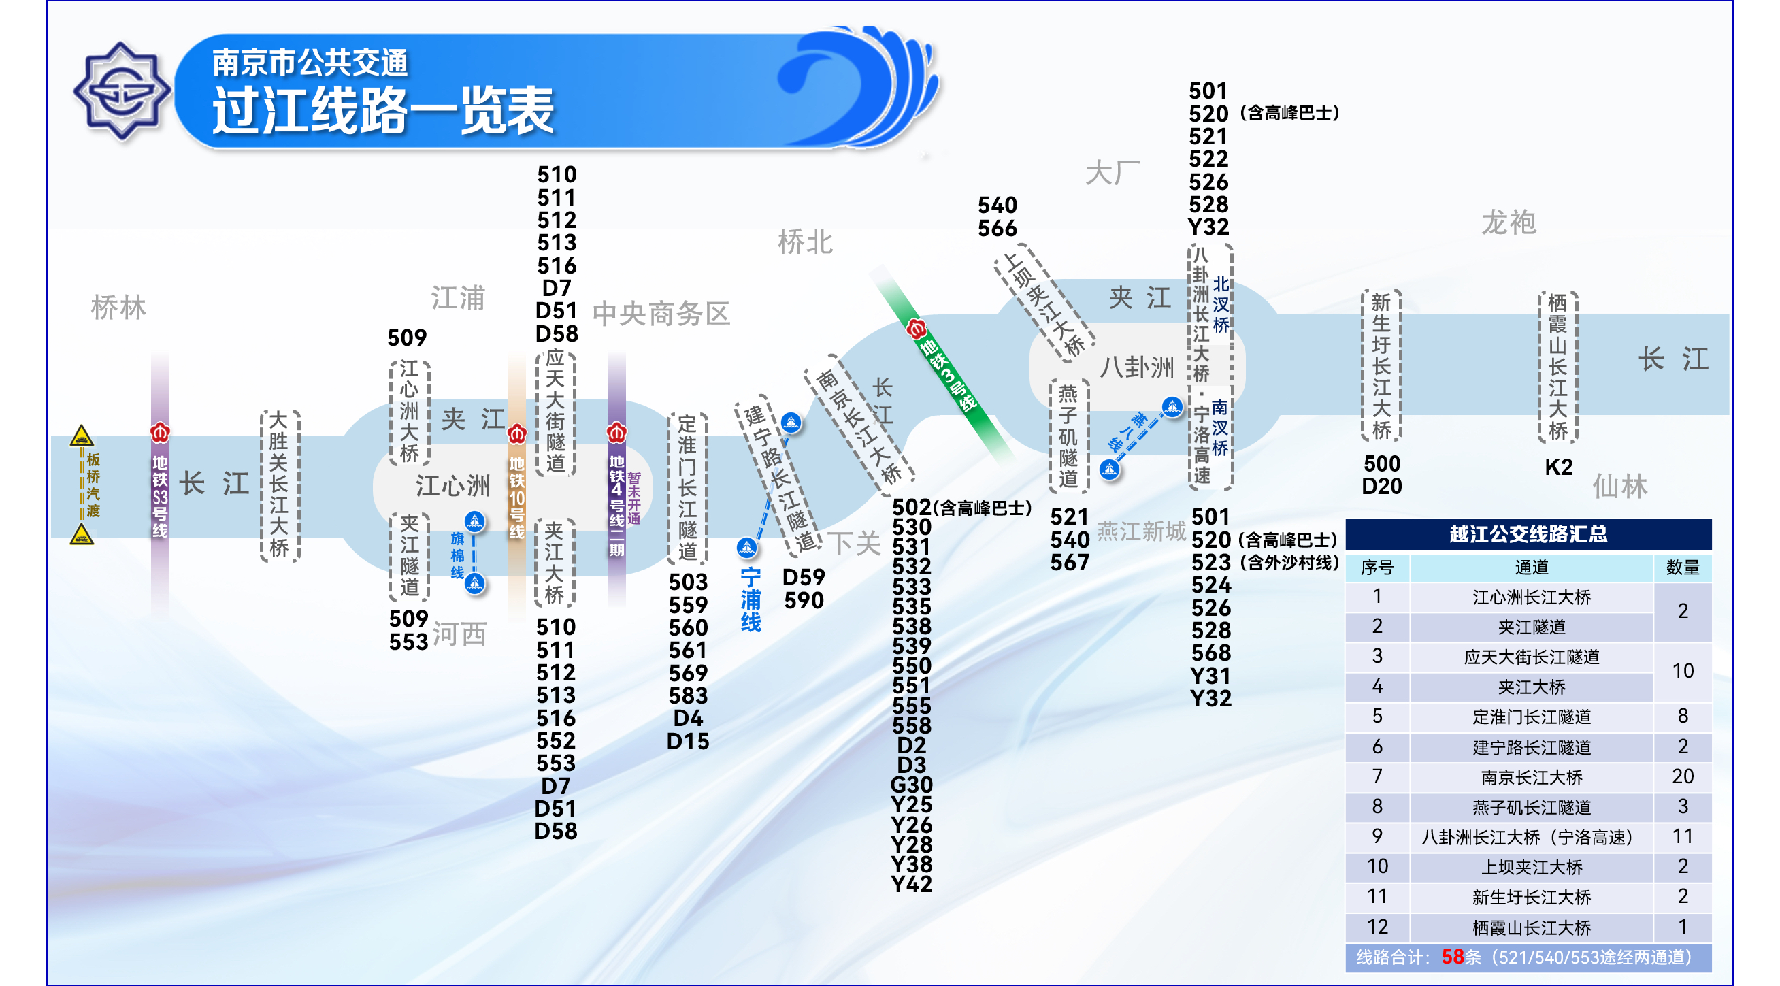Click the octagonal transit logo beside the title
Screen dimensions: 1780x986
click(122, 91)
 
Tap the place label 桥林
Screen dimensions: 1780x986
click(119, 308)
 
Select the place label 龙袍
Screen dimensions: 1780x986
click(1509, 223)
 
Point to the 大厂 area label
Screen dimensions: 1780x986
click(1112, 173)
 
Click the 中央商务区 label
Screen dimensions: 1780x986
click(661, 314)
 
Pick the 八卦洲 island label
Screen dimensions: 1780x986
click(1137, 367)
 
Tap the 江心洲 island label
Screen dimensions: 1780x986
click(452, 486)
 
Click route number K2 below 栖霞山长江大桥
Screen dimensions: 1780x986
click(1558, 467)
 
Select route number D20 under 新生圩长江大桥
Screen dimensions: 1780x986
click(1381, 487)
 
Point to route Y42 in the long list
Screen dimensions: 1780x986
click(911, 884)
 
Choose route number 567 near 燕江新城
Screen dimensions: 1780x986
click(1070, 563)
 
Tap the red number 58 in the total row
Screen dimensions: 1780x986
click(1453, 957)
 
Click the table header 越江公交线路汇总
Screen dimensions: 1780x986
click(1528, 534)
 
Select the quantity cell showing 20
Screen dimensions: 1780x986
click(1683, 776)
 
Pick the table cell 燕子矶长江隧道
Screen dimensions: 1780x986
click(1531, 807)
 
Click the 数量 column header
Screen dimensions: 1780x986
click(1683, 568)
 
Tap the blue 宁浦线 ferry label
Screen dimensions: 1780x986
click(751, 599)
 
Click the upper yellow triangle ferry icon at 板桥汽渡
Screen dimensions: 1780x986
click(82, 436)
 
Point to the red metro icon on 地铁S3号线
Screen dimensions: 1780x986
click(161, 433)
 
